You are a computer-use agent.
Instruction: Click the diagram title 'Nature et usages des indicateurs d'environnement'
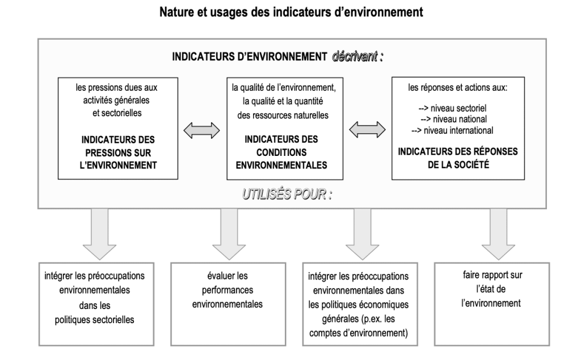[291, 12]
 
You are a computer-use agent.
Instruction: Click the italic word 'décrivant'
[355, 57]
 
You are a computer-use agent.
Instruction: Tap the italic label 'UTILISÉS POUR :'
[287, 194]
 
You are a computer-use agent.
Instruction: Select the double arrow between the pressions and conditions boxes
[201, 131]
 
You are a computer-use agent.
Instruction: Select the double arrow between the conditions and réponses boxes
[367, 130]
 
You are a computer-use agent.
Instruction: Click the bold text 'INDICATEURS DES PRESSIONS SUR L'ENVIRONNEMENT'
[118, 153]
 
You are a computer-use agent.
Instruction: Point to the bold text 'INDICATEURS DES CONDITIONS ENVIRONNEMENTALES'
[281, 153]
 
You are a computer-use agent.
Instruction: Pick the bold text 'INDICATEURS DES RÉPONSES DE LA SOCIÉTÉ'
[458, 158]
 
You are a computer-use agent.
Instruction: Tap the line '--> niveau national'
[453, 119]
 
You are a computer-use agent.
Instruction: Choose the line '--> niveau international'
[452, 130]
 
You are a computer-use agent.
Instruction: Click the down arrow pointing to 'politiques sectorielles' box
[99, 234]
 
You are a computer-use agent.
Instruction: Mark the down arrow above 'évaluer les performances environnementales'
[229, 234]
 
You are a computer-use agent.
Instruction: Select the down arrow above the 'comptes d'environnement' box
[362, 234]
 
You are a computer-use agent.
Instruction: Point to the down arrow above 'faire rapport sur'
[498, 234]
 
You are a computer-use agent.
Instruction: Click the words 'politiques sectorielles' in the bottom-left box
[95, 320]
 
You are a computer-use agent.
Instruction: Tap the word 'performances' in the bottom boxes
[228, 290]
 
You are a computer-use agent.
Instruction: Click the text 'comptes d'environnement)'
[359, 333]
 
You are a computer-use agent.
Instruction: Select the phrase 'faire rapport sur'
[492, 275]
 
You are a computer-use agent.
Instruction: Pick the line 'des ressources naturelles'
[283, 115]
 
